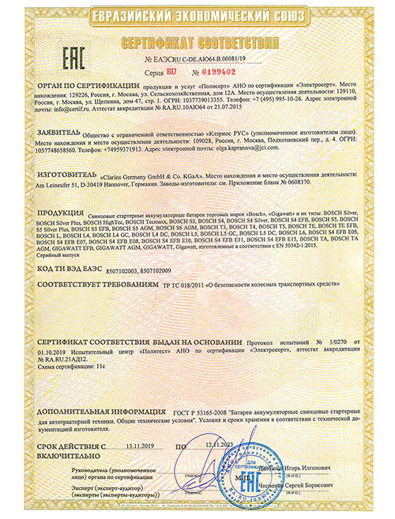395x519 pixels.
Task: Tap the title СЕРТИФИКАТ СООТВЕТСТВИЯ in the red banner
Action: tap(197, 40)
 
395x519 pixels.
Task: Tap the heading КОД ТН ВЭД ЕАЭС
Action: tap(71, 270)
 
